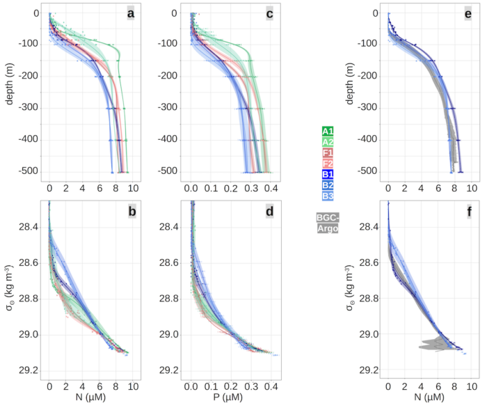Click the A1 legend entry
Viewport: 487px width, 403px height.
pos(328,131)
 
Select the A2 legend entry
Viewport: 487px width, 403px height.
pos(328,142)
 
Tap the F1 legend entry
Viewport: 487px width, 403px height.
pos(328,153)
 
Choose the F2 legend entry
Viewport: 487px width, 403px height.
pos(328,164)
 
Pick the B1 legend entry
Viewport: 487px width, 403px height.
pos(328,174)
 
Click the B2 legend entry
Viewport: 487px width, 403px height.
pos(328,185)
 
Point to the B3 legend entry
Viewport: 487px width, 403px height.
pos(328,196)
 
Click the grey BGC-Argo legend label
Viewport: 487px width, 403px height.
pos(328,223)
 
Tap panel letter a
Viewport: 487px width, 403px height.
pos(131,14)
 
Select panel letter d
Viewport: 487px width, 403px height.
pos(270,212)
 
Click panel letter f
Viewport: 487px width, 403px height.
pos(469,212)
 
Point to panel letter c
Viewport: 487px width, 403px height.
pos(269,14)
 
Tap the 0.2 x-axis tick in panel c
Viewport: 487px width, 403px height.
pos(231,189)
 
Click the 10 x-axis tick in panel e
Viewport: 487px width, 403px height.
pos(472,188)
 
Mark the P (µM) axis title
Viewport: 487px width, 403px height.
pos(228,397)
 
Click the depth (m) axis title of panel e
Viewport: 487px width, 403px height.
pos(350,84)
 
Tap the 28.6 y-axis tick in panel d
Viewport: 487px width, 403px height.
pos(169,263)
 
